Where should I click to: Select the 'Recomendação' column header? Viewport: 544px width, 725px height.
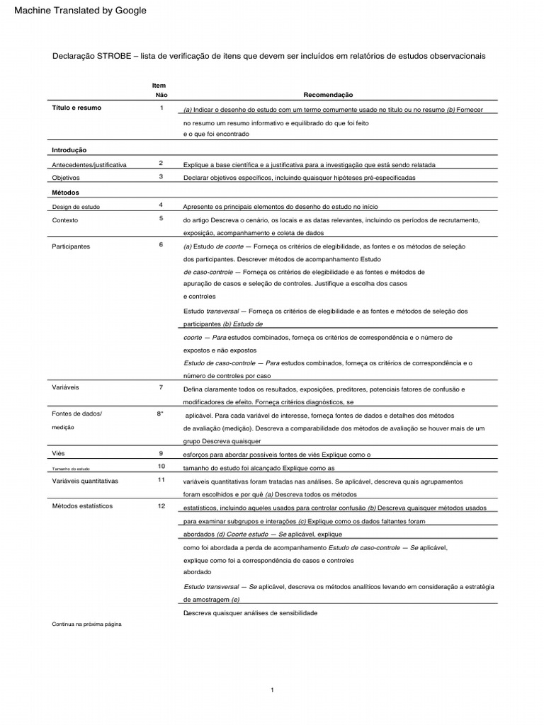(x=328, y=94)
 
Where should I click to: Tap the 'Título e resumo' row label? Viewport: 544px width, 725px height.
(x=76, y=108)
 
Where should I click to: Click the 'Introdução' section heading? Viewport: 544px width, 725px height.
(x=69, y=150)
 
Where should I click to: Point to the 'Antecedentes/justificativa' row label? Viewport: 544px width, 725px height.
(x=89, y=164)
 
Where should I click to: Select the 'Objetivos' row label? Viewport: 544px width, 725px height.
(x=66, y=177)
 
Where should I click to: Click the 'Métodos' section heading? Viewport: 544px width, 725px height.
(x=66, y=192)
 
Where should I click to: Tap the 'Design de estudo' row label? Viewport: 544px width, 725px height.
(x=76, y=207)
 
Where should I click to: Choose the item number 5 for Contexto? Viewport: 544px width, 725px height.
(x=161, y=219)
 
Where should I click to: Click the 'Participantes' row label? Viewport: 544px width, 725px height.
(x=71, y=246)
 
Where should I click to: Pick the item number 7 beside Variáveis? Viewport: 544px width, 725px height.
(x=161, y=387)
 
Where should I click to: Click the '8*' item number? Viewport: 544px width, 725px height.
(x=161, y=413)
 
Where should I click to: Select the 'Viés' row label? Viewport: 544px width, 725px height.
(x=59, y=452)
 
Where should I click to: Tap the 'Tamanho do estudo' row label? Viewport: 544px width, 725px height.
(x=71, y=469)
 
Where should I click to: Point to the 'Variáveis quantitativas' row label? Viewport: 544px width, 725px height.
(x=85, y=481)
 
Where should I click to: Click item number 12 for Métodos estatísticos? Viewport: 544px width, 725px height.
(x=161, y=506)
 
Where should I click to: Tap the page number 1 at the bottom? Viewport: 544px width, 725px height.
(x=272, y=690)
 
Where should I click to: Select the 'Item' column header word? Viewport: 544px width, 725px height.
(x=159, y=85)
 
